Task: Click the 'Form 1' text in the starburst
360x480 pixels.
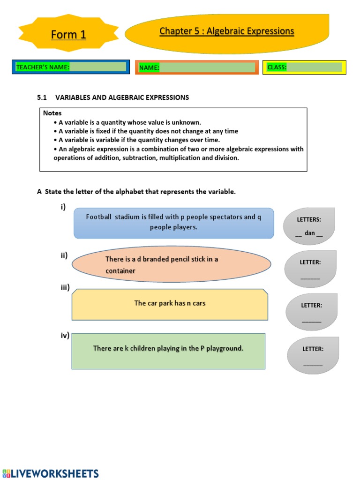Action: pos(68,35)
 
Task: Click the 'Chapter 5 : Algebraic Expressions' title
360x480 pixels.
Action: pos(227,31)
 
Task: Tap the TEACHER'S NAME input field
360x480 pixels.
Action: pos(98,67)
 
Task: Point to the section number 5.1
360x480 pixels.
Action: pos(42,97)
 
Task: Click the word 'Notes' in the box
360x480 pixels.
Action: pos(52,113)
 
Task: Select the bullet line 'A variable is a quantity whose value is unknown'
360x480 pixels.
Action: pos(129,122)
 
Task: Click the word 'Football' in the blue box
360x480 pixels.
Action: pos(98,217)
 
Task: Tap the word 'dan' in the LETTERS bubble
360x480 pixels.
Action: pos(309,233)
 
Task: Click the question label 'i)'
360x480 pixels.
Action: pos(63,207)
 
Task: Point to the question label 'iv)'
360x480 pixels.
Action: pos(65,335)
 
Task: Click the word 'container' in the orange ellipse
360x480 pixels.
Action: pos(120,271)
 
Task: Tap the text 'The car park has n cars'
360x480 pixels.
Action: pos(170,303)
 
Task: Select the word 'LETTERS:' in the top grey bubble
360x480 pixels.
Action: pos(309,219)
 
